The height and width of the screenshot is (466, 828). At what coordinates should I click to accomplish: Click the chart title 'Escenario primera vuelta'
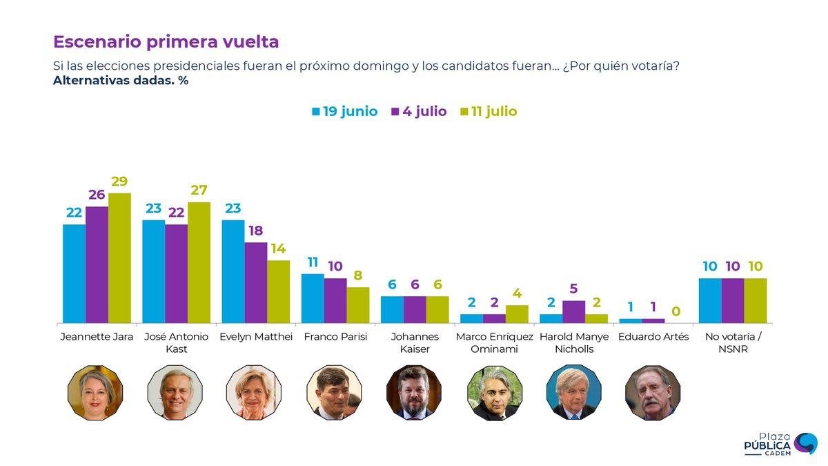pyautogui.click(x=166, y=41)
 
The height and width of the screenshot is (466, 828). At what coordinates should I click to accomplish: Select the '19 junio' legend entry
pyautogui.click(x=345, y=111)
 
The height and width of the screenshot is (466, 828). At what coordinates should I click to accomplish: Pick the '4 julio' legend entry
pyautogui.click(x=419, y=111)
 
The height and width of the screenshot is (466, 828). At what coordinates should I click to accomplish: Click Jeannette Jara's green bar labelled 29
pyautogui.click(x=119, y=258)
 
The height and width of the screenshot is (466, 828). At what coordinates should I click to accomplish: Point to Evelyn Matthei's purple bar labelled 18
pyautogui.click(x=256, y=282)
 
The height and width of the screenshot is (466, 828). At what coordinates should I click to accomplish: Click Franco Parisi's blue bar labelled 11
pyautogui.click(x=313, y=298)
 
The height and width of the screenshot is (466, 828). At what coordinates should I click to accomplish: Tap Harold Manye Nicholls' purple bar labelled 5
pyautogui.click(x=573, y=312)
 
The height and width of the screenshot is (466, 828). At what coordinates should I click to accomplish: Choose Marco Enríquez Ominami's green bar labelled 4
pyautogui.click(x=517, y=314)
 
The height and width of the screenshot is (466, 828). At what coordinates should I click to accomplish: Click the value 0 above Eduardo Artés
pyautogui.click(x=676, y=311)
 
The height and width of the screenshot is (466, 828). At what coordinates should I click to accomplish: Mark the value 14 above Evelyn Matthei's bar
pyautogui.click(x=278, y=249)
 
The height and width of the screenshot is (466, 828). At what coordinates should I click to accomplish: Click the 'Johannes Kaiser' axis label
pyautogui.click(x=415, y=342)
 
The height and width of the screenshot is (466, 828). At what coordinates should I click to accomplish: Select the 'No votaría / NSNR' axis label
pyautogui.click(x=733, y=342)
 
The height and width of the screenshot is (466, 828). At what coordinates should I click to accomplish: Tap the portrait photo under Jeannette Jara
pyautogui.click(x=95, y=393)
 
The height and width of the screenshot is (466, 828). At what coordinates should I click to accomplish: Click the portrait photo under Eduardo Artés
pyautogui.click(x=653, y=393)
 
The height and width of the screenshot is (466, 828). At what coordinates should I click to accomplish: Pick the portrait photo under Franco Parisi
pyautogui.click(x=334, y=393)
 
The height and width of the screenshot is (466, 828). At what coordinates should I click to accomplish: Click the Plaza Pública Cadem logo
pyautogui.click(x=780, y=445)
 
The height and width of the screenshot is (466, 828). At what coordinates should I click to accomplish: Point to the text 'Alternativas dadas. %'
pyautogui.click(x=121, y=80)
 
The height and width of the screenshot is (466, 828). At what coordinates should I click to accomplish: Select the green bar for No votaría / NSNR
pyautogui.click(x=756, y=301)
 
